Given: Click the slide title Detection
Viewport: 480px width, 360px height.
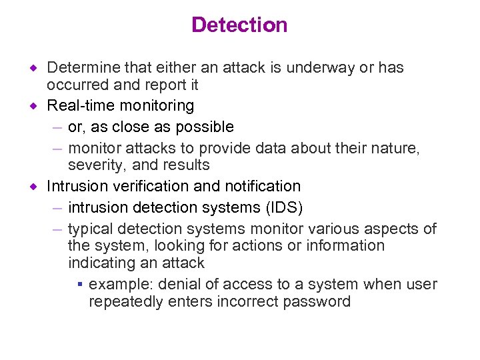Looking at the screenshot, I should tap(239, 25).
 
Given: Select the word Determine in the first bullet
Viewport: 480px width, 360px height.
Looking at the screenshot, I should tap(79, 68).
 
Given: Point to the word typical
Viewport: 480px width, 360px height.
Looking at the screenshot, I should tap(91, 229).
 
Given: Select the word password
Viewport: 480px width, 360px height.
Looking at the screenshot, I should tap(317, 301).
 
